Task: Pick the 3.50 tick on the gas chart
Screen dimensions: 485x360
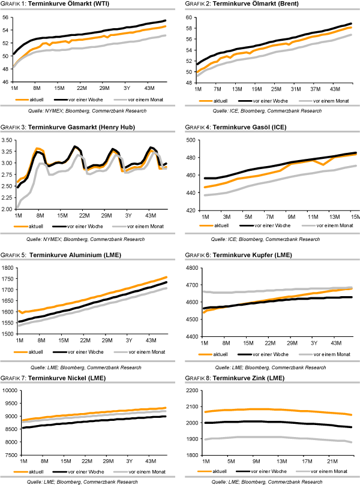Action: coord(8,140)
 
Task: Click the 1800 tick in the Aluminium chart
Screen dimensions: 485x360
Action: coord(7,267)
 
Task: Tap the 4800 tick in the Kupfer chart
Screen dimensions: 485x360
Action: coord(191,267)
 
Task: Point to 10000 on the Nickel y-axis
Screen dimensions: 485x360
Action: coord(7,390)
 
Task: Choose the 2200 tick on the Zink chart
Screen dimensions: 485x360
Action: coord(191,390)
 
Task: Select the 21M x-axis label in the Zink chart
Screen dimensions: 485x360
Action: coord(331,462)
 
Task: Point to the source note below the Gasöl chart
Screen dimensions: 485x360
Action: coord(271,239)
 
